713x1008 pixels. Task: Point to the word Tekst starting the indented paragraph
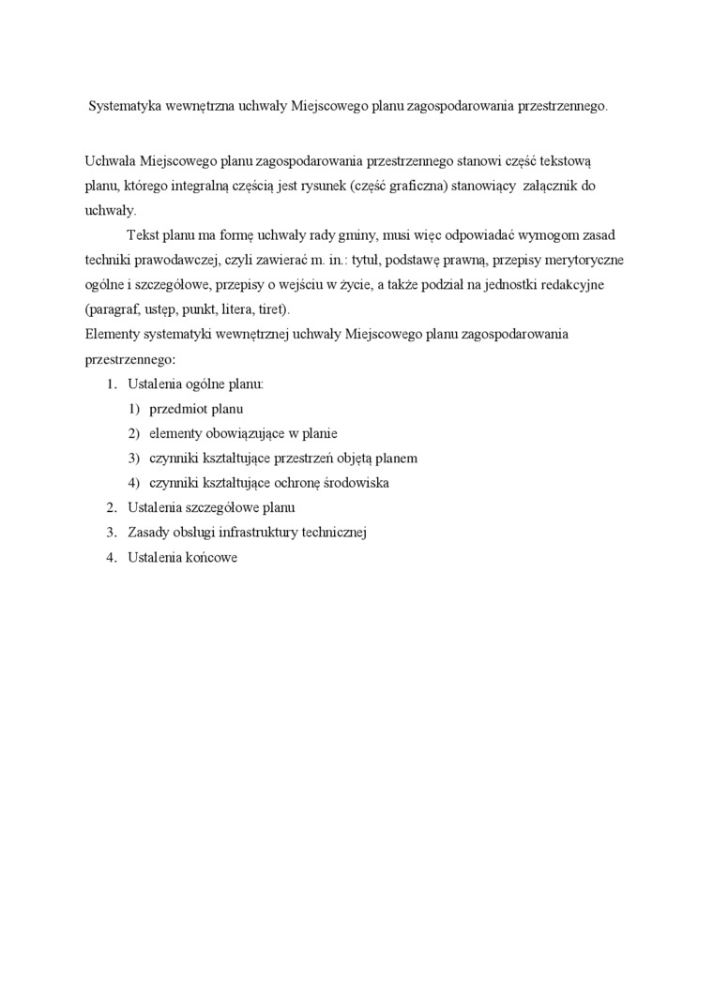[x=143, y=234]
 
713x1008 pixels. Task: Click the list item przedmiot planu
[x=196, y=409]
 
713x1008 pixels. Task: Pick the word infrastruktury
[x=262, y=533]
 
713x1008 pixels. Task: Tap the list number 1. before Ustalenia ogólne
[x=111, y=384]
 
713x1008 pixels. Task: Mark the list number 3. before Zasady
[x=111, y=533]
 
